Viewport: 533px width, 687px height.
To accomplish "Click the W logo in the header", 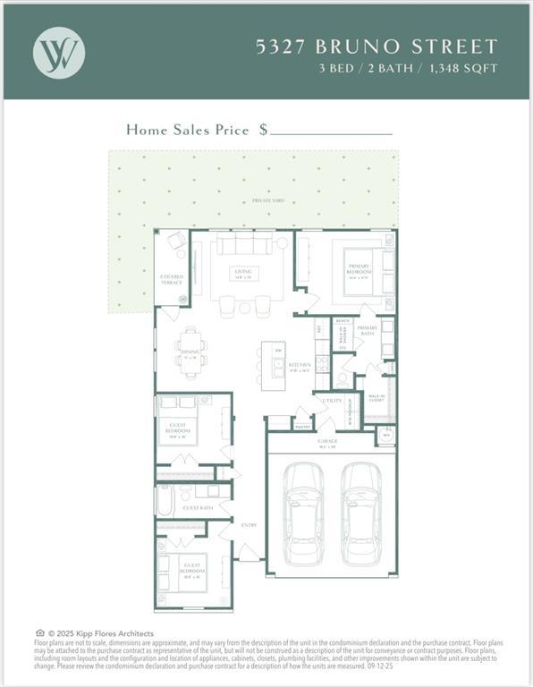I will click(59, 51).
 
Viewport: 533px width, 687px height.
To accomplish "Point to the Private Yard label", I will click(268, 200).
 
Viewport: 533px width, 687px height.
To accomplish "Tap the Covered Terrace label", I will click(172, 279).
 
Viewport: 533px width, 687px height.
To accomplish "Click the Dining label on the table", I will click(190, 352).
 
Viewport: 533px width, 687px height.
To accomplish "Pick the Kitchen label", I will click(300, 365).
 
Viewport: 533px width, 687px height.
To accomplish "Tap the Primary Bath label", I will click(368, 328).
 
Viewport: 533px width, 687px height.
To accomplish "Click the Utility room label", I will click(332, 402).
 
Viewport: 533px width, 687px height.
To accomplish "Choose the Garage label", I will click(328, 442).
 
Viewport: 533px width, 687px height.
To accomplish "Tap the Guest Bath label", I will click(198, 507).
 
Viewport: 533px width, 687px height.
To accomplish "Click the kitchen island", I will click(273, 364).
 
